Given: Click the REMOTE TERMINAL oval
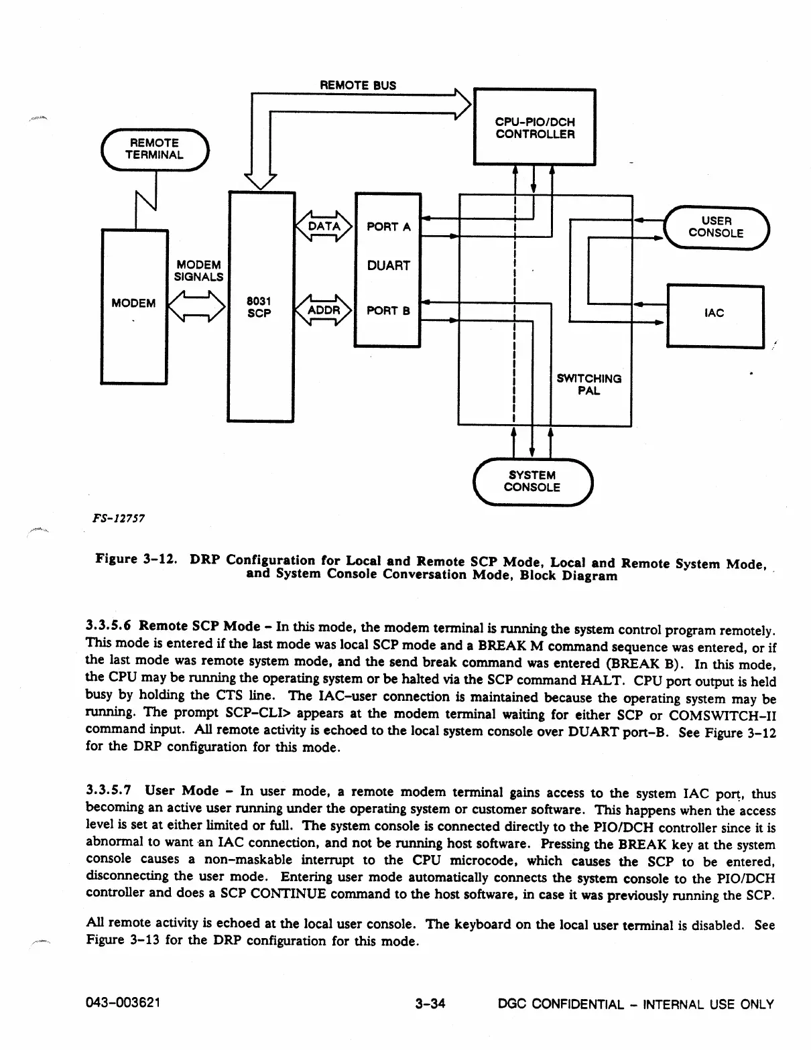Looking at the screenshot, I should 155,149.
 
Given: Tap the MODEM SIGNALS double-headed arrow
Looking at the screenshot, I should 197,308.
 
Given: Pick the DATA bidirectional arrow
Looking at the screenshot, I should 324,226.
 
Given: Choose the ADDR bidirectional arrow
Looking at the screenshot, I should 324,310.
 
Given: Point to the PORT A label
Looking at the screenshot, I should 389,227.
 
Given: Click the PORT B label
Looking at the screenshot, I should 388,312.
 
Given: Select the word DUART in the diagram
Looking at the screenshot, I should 389,266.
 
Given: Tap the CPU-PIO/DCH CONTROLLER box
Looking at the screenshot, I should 534,127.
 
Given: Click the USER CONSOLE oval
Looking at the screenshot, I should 716,227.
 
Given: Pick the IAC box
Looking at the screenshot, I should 714,314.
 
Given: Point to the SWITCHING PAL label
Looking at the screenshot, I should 589,385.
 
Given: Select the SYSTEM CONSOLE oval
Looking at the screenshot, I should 532,481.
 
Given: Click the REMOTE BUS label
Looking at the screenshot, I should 358,85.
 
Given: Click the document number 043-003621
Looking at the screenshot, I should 124,1004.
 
